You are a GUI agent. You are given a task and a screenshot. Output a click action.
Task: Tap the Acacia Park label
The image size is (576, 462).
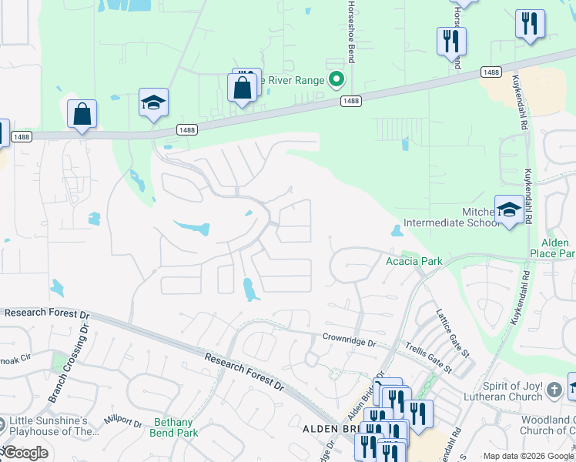[414, 261]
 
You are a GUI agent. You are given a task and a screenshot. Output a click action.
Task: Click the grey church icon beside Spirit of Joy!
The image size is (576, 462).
[554, 391]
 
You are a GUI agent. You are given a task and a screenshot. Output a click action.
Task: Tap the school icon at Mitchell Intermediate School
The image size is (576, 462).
[508, 209]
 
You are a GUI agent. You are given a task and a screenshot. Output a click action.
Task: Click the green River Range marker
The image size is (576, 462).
[336, 79]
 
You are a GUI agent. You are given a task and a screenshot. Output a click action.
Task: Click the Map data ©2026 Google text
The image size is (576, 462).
[528, 456]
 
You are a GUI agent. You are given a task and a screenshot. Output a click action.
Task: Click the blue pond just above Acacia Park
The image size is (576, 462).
[396, 230]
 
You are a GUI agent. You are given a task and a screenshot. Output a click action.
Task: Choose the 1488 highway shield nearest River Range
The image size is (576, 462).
[350, 101]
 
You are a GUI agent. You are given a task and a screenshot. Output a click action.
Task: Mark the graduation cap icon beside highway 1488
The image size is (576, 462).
[153, 102]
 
